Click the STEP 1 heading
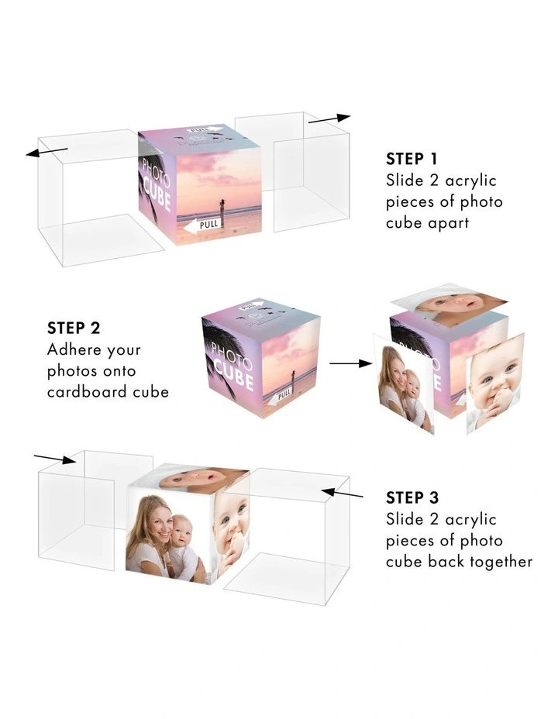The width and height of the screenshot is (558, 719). pyautogui.click(x=412, y=159)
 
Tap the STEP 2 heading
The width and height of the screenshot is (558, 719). pyautogui.click(x=74, y=328)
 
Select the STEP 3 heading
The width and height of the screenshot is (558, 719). pyautogui.click(x=412, y=497)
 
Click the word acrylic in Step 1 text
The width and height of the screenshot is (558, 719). pyautogui.click(x=471, y=181)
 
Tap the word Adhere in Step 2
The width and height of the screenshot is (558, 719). pyautogui.click(x=69, y=349)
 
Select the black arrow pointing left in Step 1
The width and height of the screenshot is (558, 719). pyautogui.click(x=47, y=151)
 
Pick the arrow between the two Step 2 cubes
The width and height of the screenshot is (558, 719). pyautogui.click(x=351, y=363)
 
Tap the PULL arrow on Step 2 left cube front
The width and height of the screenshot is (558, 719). pyautogui.click(x=281, y=395)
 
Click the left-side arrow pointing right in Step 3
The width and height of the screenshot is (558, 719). pyautogui.click(x=55, y=459)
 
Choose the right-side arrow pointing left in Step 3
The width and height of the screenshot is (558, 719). pyautogui.click(x=342, y=494)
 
